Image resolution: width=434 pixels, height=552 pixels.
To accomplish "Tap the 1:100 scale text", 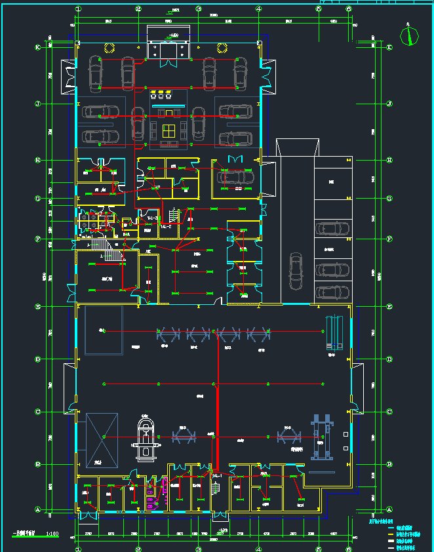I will (x=52, y=534).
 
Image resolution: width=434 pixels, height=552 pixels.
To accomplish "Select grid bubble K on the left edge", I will (x=38, y=48).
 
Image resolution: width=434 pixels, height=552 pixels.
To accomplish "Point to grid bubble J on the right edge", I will (x=389, y=104).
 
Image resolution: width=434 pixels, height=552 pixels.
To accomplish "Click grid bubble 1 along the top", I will (x=78, y=9).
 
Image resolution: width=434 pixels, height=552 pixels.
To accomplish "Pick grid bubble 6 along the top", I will (x=349, y=9).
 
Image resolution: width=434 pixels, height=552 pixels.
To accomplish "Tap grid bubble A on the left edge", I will (x=38, y=509).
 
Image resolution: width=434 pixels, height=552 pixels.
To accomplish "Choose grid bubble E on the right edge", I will (x=389, y=306).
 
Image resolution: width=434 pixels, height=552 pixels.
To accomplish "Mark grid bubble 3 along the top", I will (x=199, y=9).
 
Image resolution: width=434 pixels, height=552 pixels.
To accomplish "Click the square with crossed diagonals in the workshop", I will (x=103, y=439).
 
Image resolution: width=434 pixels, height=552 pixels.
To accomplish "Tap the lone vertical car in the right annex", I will (x=296, y=271).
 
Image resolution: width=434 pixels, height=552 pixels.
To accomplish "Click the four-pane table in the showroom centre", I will (x=169, y=128).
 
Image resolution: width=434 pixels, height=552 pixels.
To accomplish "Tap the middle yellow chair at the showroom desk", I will (x=162, y=92).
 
